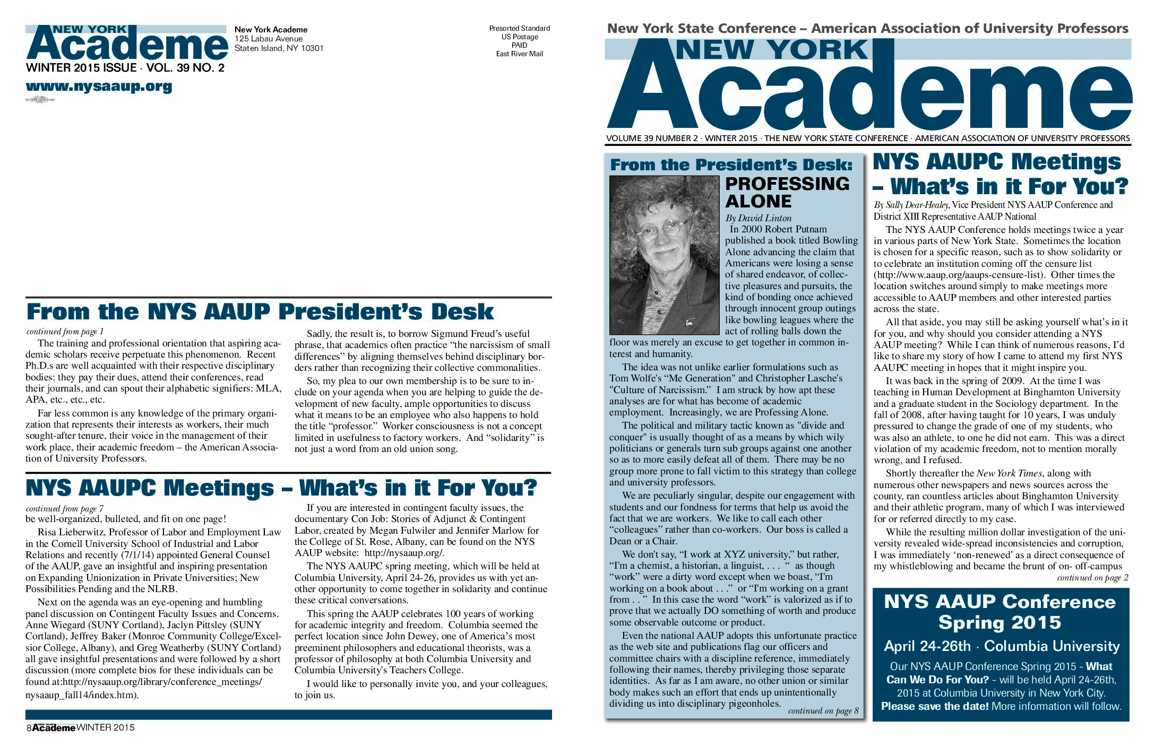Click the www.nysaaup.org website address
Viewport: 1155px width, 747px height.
click(99, 86)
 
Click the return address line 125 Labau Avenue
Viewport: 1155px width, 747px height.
click(269, 39)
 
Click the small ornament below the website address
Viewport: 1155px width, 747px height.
click(40, 100)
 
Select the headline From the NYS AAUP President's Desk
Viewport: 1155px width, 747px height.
click(260, 311)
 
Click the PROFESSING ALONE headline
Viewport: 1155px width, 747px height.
click(787, 192)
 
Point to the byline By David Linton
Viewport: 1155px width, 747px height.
click(758, 218)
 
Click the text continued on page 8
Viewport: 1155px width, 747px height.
click(823, 711)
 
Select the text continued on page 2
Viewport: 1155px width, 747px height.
click(1092, 578)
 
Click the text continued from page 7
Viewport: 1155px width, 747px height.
click(65, 508)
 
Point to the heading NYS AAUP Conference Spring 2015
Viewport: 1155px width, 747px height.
click(1000, 612)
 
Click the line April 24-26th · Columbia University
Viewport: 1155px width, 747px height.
click(1001, 646)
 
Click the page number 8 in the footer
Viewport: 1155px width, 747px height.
click(29, 728)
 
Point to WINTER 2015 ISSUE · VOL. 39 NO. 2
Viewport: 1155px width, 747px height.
click(125, 68)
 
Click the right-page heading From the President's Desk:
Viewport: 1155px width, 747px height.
click(731, 164)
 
